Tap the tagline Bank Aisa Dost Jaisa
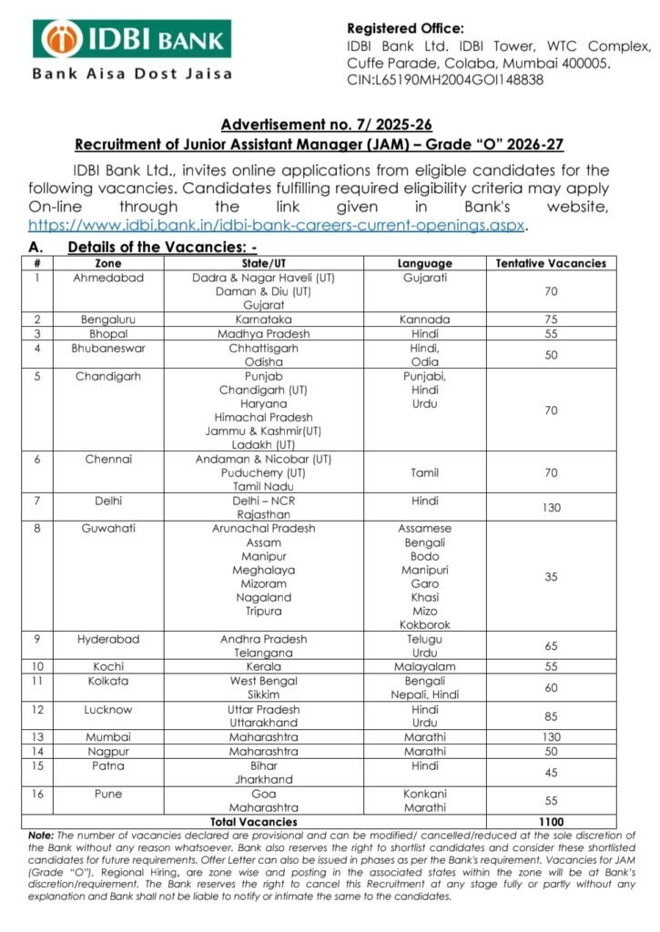pyautogui.click(x=132, y=74)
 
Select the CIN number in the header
pyautogui.click(x=445, y=79)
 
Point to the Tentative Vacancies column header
pyautogui.click(x=551, y=264)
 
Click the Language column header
pyautogui.click(x=424, y=264)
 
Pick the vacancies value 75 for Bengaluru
pyautogui.click(x=551, y=320)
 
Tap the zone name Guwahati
pyautogui.click(x=108, y=529)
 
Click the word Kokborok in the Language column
pyautogui.click(x=424, y=624)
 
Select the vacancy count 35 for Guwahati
pyautogui.click(x=551, y=577)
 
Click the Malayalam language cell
pyautogui.click(x=424, y=667)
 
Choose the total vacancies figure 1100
pyautogui.click(x=551, y=821)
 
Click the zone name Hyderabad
pyautogui.click(x=108, y=639)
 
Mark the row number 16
pyautogui.click(x=37, y=794)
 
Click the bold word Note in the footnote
pyautogui.click(x=40, y=835)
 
